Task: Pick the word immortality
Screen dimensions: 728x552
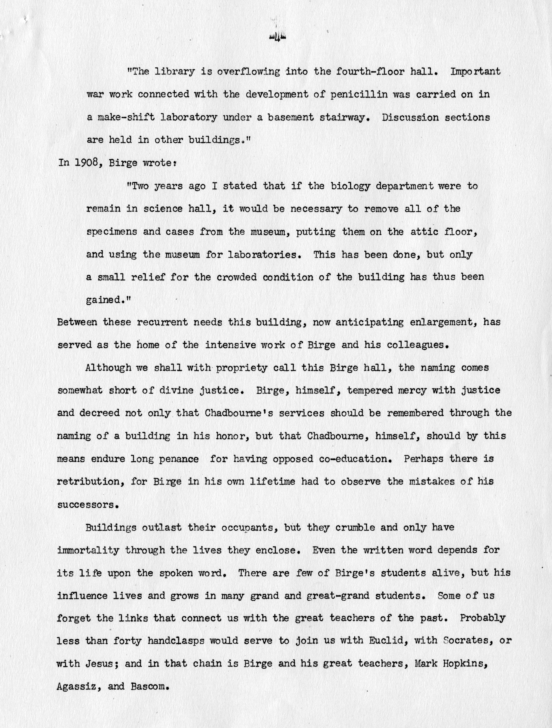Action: tap(88, 550)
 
